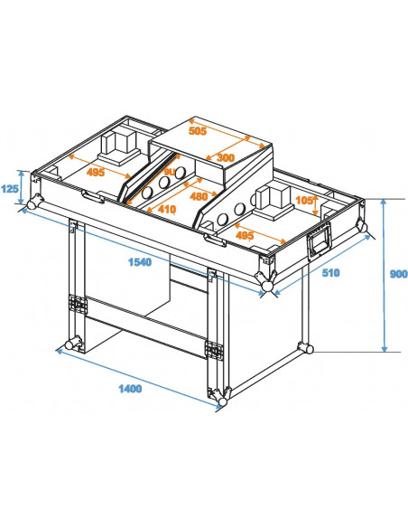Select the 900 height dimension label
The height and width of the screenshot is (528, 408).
(397, 276)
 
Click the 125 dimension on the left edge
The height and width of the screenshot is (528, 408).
(10, 188)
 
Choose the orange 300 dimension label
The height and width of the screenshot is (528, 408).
(226, 157)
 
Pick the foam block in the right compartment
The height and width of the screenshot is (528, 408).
(273, 196)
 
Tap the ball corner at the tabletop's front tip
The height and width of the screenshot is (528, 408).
(267, 288)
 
